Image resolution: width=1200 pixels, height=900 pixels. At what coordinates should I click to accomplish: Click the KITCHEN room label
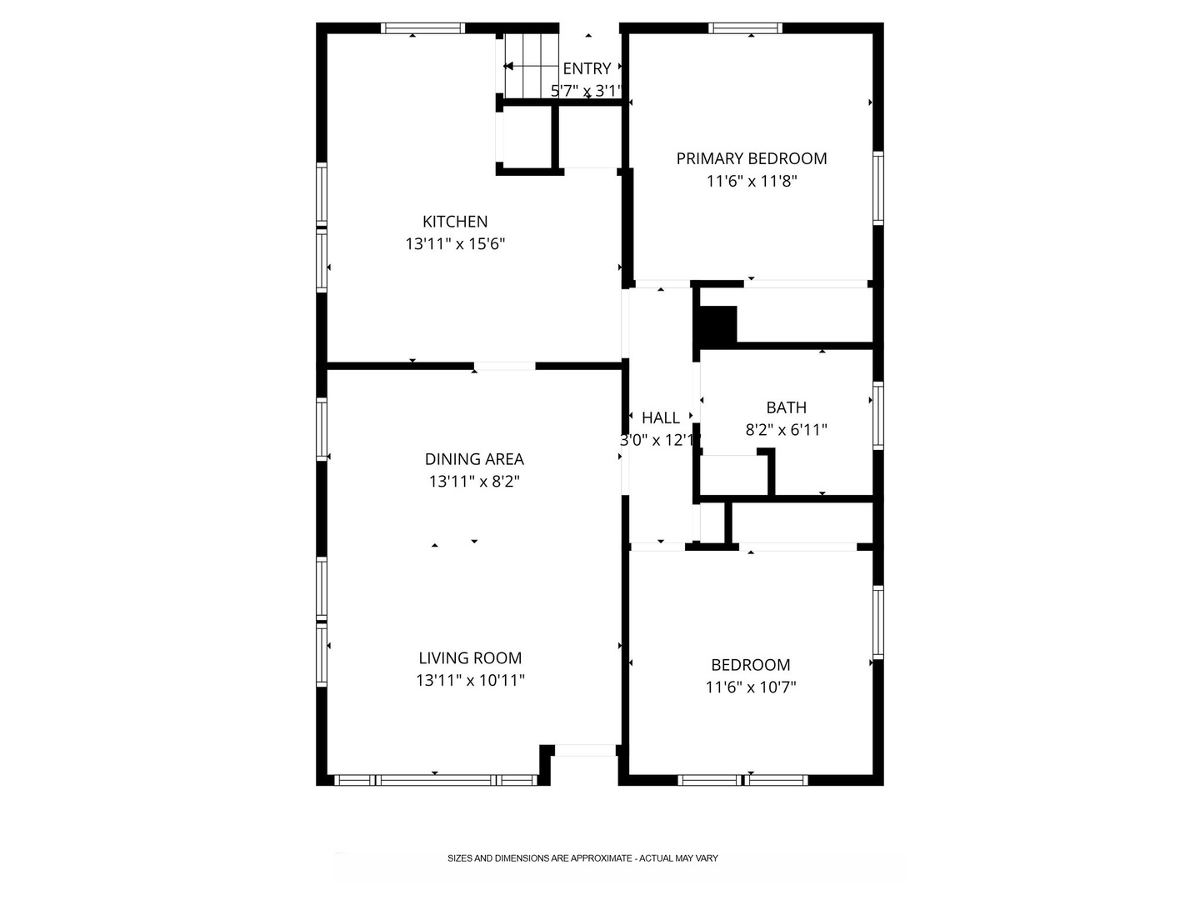[455, 222]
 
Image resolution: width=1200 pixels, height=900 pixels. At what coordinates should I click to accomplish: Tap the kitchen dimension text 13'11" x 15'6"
[455, 243]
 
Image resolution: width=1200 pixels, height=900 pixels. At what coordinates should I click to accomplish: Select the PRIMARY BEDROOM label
[751, 158]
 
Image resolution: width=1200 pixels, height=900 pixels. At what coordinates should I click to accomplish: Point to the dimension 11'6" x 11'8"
[751, 181]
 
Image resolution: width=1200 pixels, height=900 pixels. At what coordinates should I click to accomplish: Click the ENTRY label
[587, 68]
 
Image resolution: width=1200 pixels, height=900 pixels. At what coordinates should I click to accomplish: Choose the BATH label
[786, 407]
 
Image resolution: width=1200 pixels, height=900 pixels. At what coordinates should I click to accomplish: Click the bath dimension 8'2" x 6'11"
[786, 429]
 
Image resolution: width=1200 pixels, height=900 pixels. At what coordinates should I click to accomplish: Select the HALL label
[660, 417]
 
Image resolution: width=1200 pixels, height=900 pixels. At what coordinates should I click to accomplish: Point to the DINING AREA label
[474, 459]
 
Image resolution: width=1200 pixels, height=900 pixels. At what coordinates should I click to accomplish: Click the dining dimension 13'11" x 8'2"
[474, 482]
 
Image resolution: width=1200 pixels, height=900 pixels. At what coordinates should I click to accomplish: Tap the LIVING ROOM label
[470, 658]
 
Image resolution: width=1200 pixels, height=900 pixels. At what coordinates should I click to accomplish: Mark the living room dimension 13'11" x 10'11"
[470, 680]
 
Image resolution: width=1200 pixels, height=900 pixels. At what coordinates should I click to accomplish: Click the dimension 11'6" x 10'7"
[751, 687]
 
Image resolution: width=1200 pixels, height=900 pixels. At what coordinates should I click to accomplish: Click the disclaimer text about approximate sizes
[582, 858]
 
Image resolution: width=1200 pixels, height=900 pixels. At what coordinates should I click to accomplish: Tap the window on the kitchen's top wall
[422, 28]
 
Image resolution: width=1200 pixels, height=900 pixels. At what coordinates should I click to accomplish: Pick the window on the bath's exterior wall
[878, 416]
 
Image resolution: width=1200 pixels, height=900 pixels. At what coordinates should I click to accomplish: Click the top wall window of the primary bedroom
[746, 28]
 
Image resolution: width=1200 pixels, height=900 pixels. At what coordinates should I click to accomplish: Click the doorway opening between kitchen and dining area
[505, 366]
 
